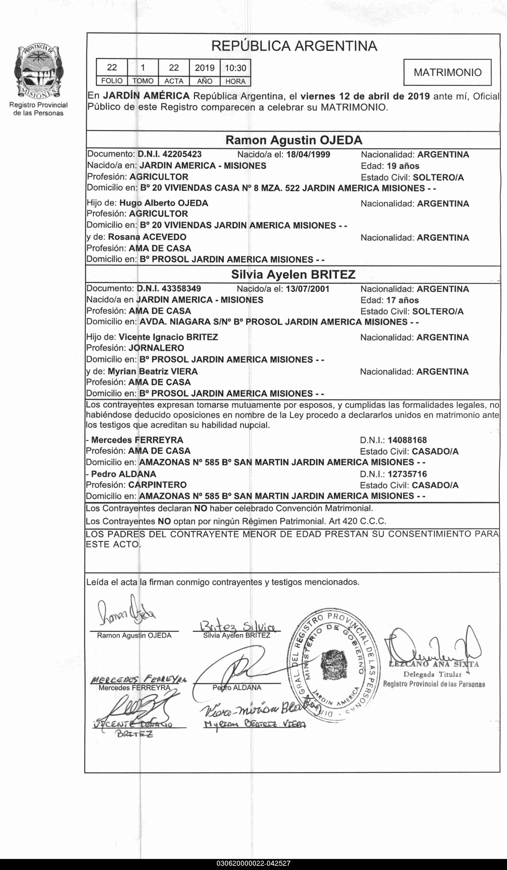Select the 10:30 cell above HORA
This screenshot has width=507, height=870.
235,68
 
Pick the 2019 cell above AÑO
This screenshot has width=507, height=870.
205,68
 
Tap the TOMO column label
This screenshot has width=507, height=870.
143,81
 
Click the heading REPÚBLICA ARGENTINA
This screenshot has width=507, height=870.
294,46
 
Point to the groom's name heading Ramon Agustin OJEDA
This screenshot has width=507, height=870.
294,140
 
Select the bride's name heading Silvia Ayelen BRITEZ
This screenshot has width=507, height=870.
293,274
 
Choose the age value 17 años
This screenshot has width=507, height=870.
402,300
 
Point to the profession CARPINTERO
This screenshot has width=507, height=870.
157,485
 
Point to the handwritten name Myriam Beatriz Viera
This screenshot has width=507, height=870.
255,724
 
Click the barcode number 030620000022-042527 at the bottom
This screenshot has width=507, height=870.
253,864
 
